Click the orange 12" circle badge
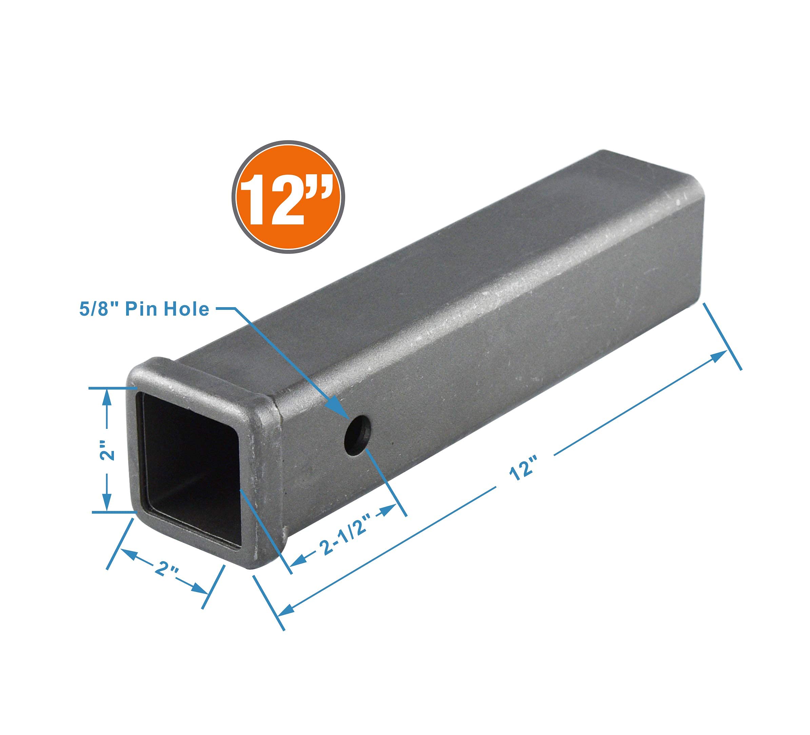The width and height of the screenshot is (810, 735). click(x=288, y=197)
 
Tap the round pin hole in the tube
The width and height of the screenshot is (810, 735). click(x=358, y=435)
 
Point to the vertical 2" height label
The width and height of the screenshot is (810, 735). click(x=107, y=450)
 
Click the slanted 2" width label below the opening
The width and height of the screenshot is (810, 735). click(x=165, y=568)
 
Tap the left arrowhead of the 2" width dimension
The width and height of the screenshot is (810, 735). click(x=128, y=555)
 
